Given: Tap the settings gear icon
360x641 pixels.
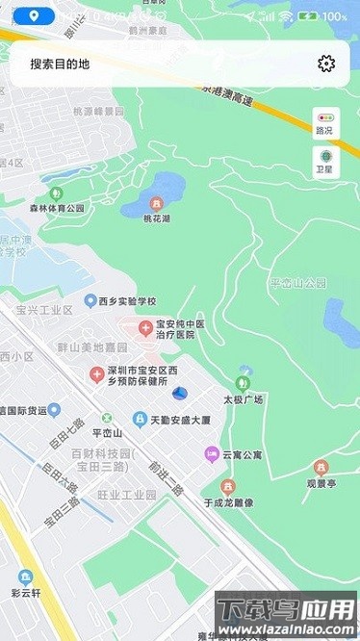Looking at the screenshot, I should (x=326, y=64).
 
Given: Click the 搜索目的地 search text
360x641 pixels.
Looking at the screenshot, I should (x=60, y=64).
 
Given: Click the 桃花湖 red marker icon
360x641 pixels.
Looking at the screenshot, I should (x=156, y=203).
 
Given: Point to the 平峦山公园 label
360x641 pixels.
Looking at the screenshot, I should (x=298, y=283).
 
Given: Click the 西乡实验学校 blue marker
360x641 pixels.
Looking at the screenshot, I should (x=90, y=300).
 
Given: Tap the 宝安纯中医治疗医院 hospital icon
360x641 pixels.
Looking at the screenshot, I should (x=145, y=329).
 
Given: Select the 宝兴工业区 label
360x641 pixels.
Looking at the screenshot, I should (x=44, y=310).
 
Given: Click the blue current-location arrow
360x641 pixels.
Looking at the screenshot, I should (x=179, y=393).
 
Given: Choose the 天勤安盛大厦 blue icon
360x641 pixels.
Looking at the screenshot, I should (x=140, y=420).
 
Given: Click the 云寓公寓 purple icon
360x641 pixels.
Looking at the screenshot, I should (x=211, y=453).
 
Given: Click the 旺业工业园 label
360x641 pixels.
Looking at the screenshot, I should (x=126, y=494).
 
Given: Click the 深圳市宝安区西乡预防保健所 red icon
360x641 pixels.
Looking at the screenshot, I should (x=97, y=373).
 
